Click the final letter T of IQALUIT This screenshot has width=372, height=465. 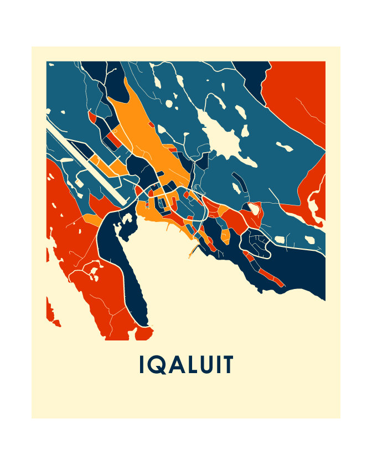228,365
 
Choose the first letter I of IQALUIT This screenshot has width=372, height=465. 142,365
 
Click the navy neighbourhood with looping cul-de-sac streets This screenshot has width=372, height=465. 255,241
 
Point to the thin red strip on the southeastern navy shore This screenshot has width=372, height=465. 271,276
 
